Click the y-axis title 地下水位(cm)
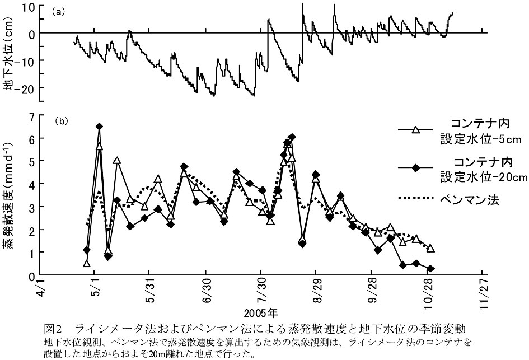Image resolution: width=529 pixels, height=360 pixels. coord(10,54)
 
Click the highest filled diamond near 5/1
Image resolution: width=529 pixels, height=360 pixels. coord(99,127)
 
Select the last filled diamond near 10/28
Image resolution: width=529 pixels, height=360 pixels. coord(430,268)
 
